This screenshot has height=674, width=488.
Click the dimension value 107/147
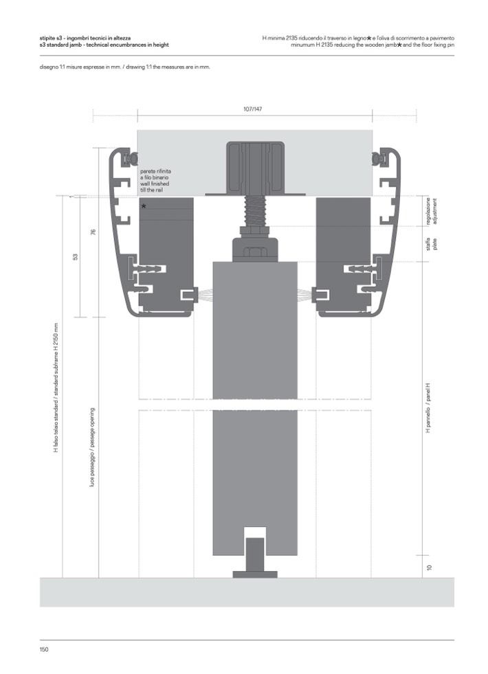(252, 109)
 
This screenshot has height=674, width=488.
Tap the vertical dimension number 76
(93, 232)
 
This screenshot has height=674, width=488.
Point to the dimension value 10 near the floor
(428, 568)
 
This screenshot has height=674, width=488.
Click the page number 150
(44, 649)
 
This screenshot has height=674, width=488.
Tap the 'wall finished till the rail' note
(155, 179)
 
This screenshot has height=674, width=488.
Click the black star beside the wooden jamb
(144, 206)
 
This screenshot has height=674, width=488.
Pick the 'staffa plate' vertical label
(431, 245)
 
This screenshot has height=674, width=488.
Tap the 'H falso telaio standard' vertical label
(56, 388)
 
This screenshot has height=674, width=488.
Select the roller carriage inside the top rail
(255, 168)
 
